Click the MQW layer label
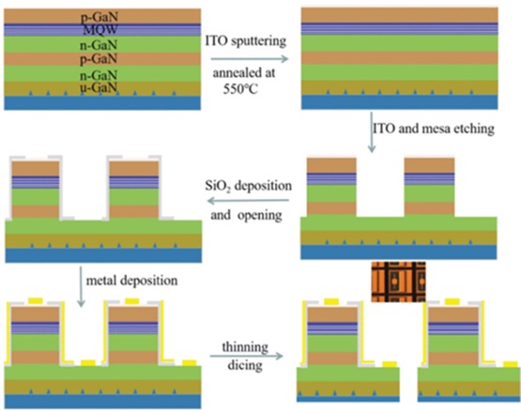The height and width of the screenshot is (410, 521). [100, 30]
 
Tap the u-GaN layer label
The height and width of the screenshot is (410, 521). [99, 87]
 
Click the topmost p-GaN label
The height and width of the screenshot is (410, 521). [100, 17]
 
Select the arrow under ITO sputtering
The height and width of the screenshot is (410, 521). [250, 59]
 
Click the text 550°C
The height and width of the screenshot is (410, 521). [240, 89]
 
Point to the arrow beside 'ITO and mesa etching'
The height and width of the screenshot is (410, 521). [372, 132]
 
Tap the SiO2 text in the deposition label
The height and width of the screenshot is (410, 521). [217, 186]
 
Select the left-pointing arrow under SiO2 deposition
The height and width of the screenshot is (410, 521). [248, 201]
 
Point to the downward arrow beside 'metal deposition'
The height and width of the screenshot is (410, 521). [81, 286]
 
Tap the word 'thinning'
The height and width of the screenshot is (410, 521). [245, 347]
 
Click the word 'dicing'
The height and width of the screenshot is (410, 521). [245, 366]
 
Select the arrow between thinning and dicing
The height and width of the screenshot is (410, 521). [246, 357]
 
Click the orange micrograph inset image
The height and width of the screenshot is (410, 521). [398, 281]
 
